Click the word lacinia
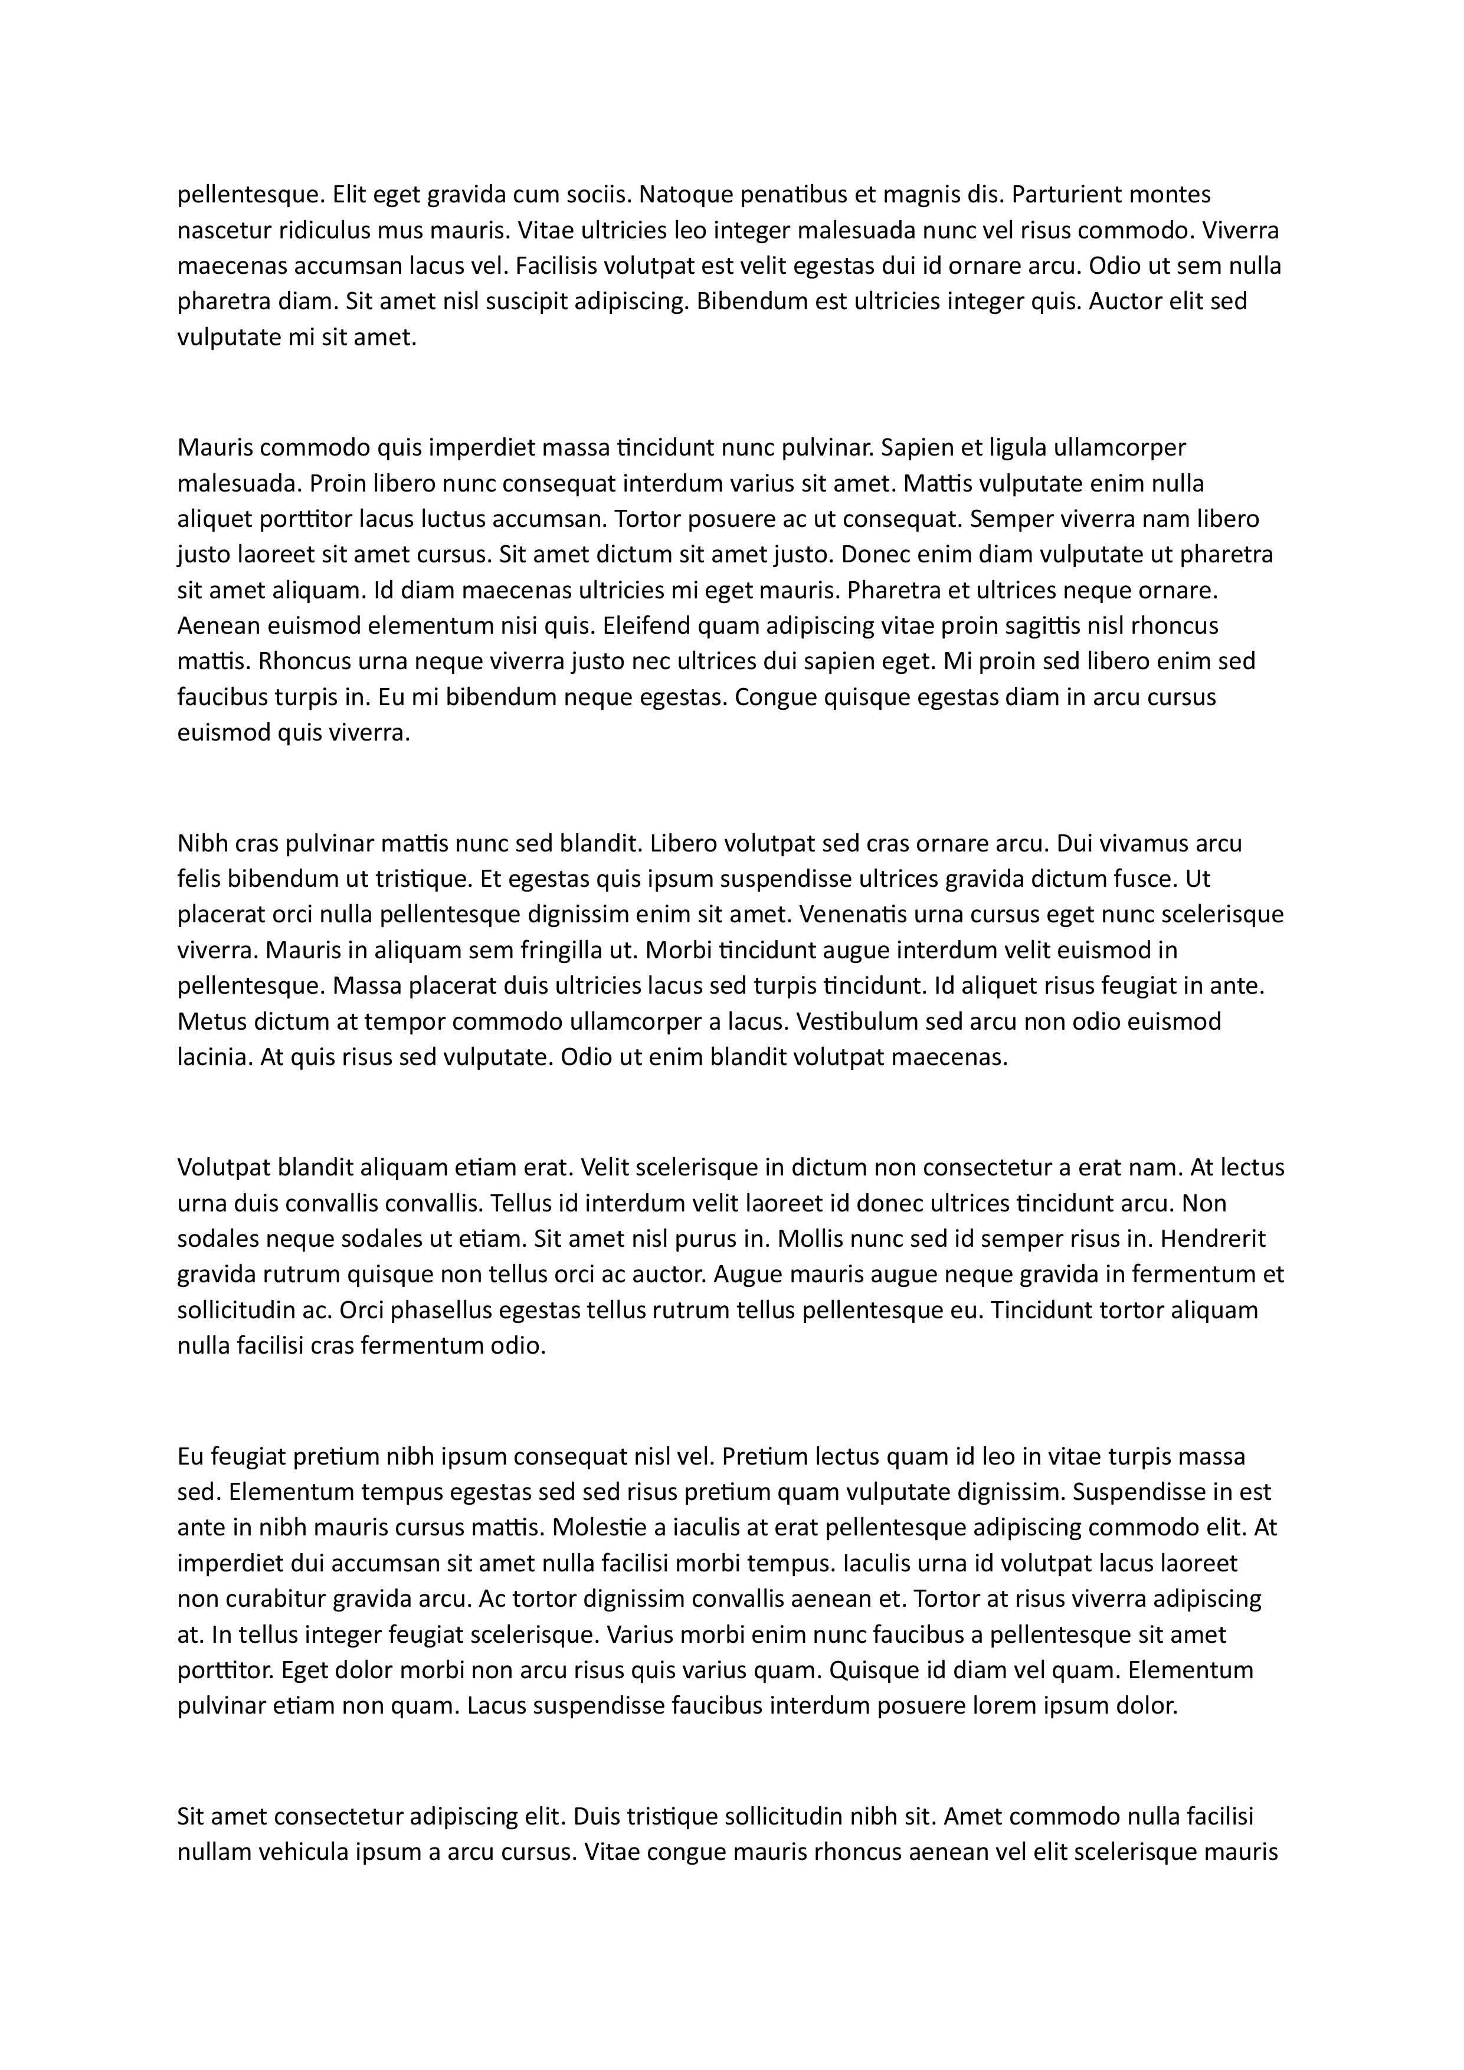(213, 1057)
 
